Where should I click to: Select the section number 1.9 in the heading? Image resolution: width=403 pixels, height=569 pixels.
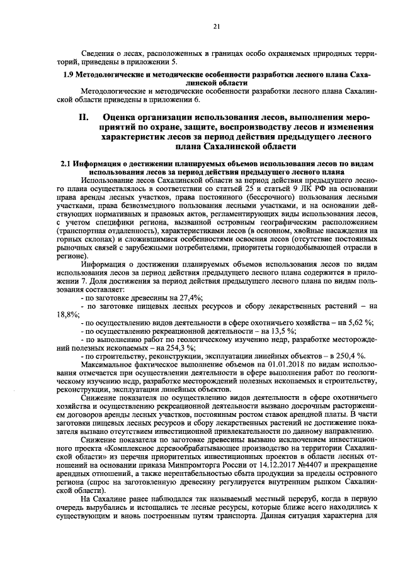pyautogui.click(x=70, y=74)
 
